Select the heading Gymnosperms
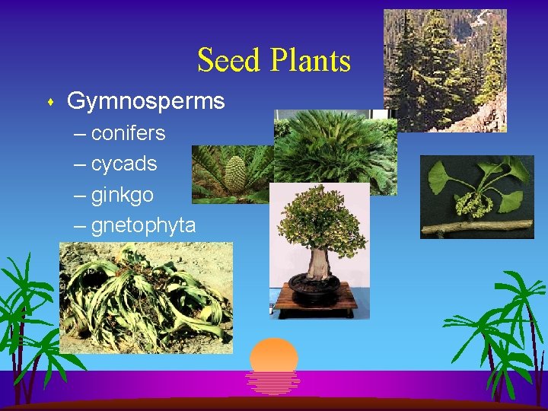point(145,100)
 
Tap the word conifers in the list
point(128,133)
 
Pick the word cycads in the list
point(124,164)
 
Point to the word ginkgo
point(122,195)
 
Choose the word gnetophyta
point(143,226)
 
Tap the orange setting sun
point(273,356)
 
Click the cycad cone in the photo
point(235,177)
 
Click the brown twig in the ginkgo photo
point(476,226)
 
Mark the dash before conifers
point(81,134)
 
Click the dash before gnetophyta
point(81,227)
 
